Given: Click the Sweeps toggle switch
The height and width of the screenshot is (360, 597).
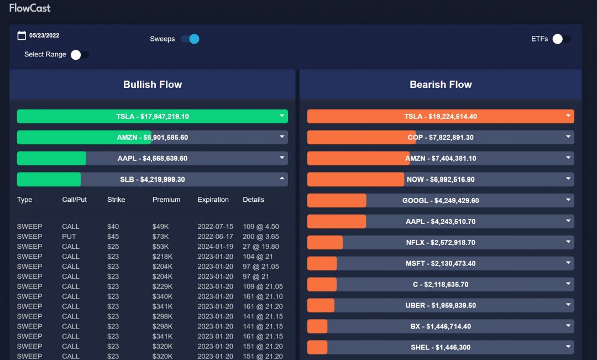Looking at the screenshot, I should point(190,39).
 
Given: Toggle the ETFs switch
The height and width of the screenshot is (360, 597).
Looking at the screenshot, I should point(561,39).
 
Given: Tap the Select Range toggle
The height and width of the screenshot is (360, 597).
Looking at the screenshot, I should point(80,54).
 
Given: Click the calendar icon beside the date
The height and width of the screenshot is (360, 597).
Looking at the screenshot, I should point(22,35).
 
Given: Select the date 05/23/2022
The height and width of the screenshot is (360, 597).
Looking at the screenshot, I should point(44,35).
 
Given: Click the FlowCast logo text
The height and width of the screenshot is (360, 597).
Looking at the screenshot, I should point(30,8).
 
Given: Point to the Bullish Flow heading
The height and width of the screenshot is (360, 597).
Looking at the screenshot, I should point(153,85).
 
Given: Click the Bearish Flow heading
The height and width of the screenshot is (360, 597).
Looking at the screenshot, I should point(441,85).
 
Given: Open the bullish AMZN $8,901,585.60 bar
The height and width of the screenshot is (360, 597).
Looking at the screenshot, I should point(153,137).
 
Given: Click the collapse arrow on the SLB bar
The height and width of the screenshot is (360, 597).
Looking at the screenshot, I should point(282,179).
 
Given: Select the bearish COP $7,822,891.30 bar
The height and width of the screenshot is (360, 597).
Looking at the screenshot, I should point(441,137).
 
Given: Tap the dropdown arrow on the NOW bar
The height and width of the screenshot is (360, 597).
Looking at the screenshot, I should point(568,179).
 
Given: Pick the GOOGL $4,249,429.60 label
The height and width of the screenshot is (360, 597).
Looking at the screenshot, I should point(441,201).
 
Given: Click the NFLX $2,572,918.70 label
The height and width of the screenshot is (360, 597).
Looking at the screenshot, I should point(441,242).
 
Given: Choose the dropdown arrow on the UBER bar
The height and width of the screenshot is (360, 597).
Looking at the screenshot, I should point(568,305).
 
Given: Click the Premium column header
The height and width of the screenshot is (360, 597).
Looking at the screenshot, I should point(166,200).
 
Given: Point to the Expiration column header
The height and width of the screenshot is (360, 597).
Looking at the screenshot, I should point(213,200).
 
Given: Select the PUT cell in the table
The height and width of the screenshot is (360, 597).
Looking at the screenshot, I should point(69,236).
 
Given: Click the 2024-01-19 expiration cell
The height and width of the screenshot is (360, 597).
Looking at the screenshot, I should point(215,246).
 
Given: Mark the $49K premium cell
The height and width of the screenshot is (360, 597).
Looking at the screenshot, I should point(160,226).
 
